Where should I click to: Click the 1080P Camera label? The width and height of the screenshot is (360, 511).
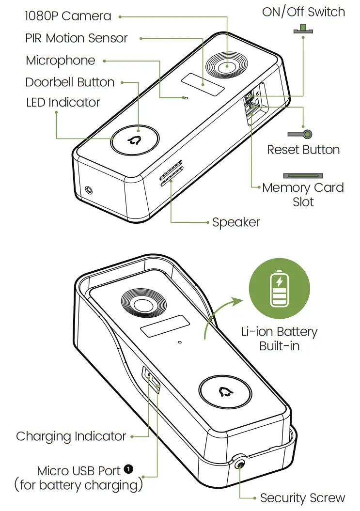[x=68, y=16]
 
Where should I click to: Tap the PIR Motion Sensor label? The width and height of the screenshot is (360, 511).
[x=77, y=38]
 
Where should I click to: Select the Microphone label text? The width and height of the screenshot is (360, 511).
[x=61, y=61]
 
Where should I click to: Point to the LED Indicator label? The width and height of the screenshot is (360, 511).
[x=63, y=102]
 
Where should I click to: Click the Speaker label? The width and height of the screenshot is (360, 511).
[x=236, y=222]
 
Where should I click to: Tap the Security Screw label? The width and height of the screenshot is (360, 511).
[x=302, y=498]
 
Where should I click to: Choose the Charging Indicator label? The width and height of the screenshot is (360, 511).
[x=71, y=436]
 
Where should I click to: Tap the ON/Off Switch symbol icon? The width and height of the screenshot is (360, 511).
[x=303, y=30]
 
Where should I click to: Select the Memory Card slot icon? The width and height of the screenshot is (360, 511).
[x=303, y=175]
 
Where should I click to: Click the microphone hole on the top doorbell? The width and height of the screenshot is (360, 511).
[x=185, y=98]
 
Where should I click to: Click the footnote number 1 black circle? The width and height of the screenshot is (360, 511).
[x=128, y=468]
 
